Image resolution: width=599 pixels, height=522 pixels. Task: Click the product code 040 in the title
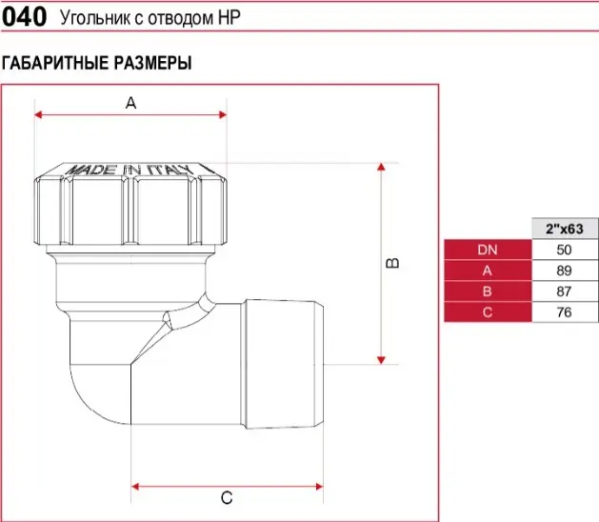click(x=24, y=17)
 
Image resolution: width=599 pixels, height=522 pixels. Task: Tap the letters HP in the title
click(x=230, y=17)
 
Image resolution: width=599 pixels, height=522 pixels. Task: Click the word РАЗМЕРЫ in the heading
click(x=152, y=63)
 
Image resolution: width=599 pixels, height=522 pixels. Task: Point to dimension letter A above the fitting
click(x=130, y=103)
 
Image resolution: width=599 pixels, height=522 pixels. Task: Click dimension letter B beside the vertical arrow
click(x=392, y=263)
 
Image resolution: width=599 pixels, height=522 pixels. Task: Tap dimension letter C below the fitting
click(x=227, y=498)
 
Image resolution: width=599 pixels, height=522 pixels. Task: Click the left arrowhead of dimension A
click(x=38, y=114)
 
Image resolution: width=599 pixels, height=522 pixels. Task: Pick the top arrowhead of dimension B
click(x=381, y=167)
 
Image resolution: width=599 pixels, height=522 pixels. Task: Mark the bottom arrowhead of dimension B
click(x=381, y=360)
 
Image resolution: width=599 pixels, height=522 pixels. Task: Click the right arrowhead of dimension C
click(x=319, y=487)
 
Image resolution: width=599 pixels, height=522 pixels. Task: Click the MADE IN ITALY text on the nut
click(x=130, y=170)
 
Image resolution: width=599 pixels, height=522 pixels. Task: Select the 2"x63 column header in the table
click(x=565, y=229)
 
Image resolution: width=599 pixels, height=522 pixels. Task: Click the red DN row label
click(x=488, y=250)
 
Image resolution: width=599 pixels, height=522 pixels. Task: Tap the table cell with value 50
click(x=565, y=250)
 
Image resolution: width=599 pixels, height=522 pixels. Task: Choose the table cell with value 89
click(x=565, y=271)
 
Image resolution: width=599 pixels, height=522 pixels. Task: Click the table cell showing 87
click(x=565, y=291)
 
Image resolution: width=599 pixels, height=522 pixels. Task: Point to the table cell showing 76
click(x=565, y=312)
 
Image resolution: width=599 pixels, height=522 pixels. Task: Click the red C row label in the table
click(x=488, y=312)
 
